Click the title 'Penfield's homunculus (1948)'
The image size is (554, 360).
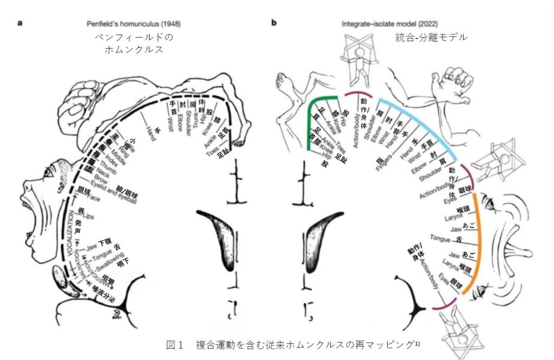pos(134,24)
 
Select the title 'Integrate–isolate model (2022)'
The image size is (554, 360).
pos(390,24)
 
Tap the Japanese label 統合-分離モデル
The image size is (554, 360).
pos(431,37)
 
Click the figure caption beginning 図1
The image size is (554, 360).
pos(293,344)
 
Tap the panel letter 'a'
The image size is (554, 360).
pos(19,23)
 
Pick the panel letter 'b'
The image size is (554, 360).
pos(274,23)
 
